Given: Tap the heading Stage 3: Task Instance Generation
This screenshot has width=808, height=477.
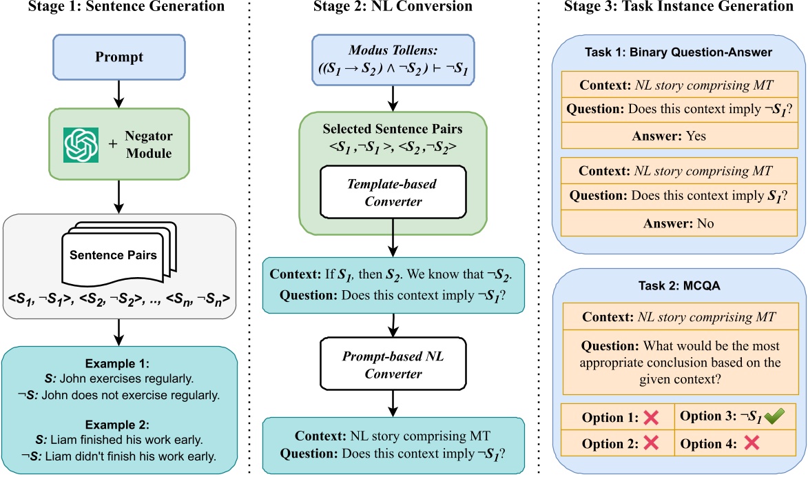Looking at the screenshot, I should pos(678,8).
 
